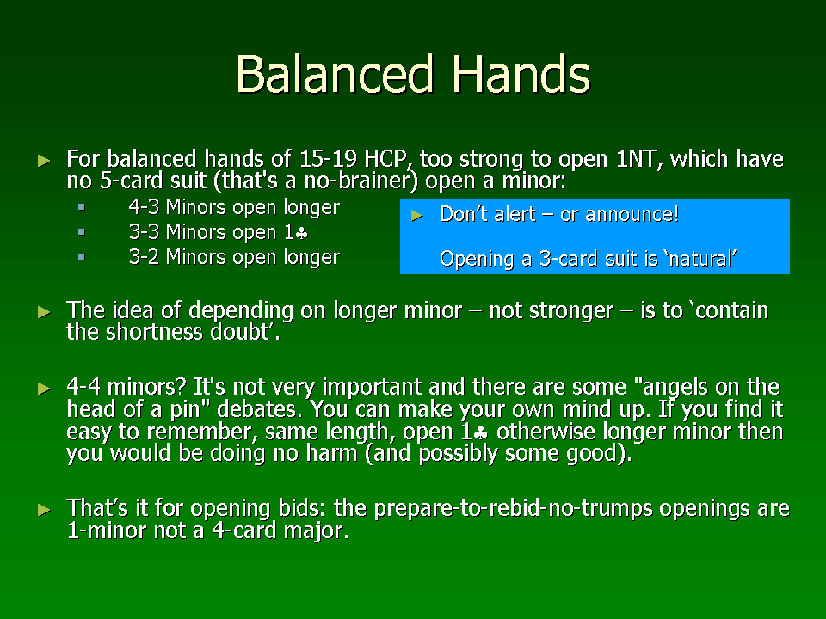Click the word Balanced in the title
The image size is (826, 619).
coord(335,74)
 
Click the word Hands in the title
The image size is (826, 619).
coord(521,74)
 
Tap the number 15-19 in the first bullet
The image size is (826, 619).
coord(328,158)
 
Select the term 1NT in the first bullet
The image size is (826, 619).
coord(638,158)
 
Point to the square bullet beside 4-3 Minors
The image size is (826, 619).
coord(82,207)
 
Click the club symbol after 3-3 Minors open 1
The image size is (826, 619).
coord(302,233)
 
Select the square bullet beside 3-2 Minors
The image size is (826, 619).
coord(82,257)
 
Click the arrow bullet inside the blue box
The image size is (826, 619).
coord(416,215)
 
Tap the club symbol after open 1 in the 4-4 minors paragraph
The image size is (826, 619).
coord(481,433)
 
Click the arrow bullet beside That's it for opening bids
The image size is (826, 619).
coord(44,510)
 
